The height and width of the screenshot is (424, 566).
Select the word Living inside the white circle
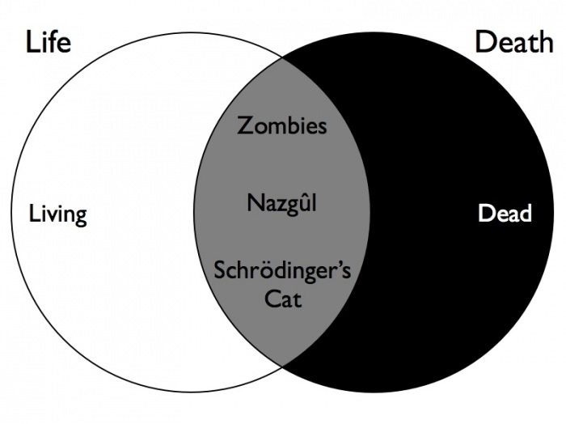pyautogui.click(x=57, y=214)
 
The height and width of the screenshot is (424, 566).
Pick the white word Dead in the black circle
pyautogui.click(x=505, y=213)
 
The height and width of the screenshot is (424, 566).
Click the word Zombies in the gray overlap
pyautogui.click(x=281, y=125)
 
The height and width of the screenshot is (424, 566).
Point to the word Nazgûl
pyautogui.click(x=281, y=202)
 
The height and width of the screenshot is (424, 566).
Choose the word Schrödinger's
pyautogui.click(x=282, y=271)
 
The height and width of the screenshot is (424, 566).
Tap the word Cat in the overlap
pyautogui.click(x=283, y=299)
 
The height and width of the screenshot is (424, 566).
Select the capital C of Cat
pyautogui.click(x=272, y=299)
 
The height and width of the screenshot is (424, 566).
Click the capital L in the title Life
pyautogui.click(x=32, y=42)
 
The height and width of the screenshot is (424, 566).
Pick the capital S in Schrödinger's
pyautogui.click(x=220, y=271)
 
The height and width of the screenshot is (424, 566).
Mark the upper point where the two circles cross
pyautogui.click(x=282, y=57)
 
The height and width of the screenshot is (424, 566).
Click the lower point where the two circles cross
pyautogui.click(x=282, y=367)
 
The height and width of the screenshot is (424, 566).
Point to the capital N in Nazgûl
pyautogui.click(x=255, y=202)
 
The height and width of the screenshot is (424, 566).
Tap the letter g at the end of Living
pyautogui.click(x=81, y=217)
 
